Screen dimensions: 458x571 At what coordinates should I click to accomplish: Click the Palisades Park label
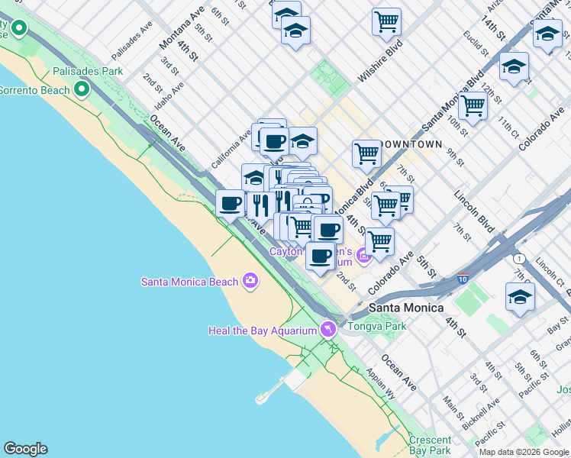[x=88, y=71]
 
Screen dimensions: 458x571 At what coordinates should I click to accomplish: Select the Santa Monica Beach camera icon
[x=250, y=282]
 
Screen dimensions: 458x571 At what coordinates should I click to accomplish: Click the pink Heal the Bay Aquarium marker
[x=328, y=330]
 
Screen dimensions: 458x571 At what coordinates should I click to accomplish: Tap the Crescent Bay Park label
[x=430, y=446]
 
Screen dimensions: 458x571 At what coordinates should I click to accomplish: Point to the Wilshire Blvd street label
[x=379, y=69]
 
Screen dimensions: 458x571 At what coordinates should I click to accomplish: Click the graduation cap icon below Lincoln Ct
[x=520, y=297]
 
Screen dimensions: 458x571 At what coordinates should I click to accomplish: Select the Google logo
[x=25, y=449]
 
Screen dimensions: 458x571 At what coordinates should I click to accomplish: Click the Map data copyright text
[x=524, y=452]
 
